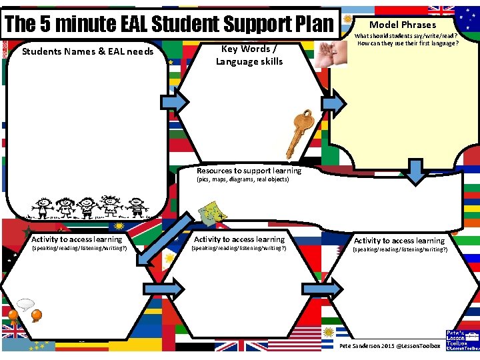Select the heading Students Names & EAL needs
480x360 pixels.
[88, 51]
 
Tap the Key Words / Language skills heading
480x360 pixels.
[249, 55]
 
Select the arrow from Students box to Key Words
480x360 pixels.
[175, 102]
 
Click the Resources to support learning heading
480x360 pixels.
[249, 171]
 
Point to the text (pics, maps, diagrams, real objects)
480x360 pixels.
[243, 180]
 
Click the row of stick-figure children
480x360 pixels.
[87, 207]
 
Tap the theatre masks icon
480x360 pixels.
[213, 213]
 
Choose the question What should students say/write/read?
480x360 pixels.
[407, 36]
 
